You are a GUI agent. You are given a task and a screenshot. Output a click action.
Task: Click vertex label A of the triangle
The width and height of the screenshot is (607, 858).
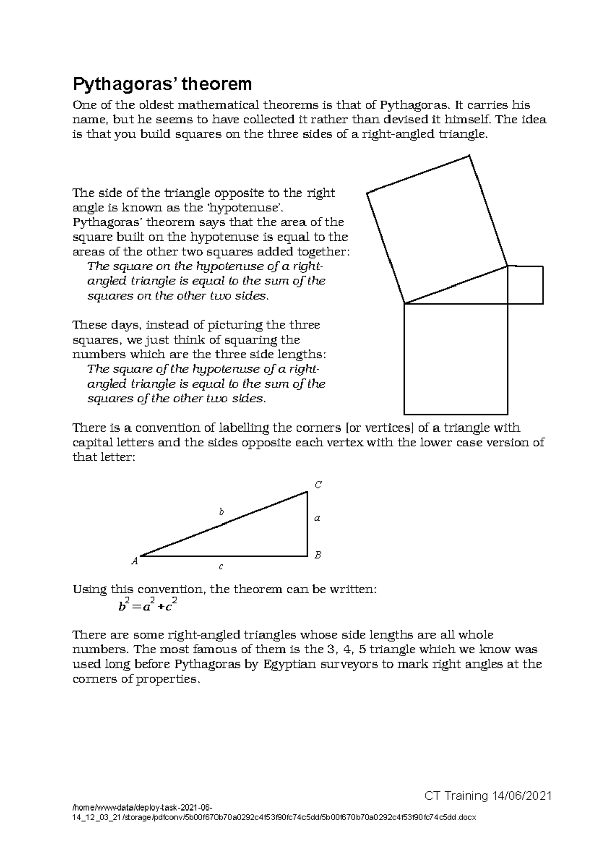click(x=135, y=561)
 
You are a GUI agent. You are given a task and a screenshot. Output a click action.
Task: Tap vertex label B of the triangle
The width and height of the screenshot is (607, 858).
click(x=318, y=555)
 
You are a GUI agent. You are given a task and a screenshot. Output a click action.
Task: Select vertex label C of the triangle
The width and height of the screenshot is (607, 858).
click(x=318, y=485)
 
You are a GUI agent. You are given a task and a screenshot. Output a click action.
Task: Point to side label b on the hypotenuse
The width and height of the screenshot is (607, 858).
click(x=221, y=511)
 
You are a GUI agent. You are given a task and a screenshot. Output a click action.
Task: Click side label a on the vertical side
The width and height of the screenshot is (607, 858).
click(x=317, y=518)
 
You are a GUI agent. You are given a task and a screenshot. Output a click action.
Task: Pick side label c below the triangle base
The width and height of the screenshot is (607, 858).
click(x=221, y=567)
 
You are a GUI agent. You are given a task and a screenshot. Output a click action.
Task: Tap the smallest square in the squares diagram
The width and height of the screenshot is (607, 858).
click(x=525, y=285)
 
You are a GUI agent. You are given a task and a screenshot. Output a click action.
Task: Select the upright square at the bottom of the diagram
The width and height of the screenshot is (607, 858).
click(x=456, y=358)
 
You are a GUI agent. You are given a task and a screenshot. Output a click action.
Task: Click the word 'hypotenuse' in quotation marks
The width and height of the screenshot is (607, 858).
click(x=245, y=208)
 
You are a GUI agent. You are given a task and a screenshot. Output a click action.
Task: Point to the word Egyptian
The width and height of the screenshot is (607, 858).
click(x=289, y=664)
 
